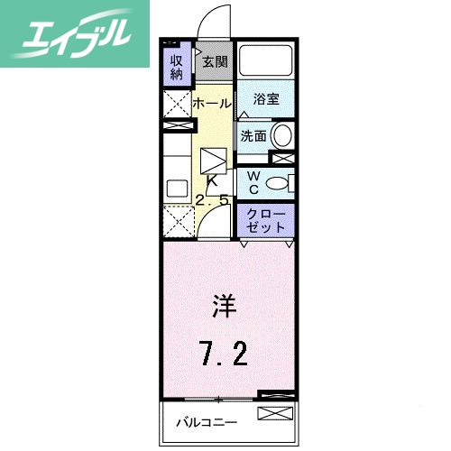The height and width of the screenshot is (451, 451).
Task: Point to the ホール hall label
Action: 213,104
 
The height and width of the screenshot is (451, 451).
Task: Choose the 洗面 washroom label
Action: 253,136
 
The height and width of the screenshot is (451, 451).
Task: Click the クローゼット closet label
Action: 266,219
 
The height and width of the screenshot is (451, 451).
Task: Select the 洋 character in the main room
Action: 225,308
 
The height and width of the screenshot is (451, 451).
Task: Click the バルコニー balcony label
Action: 207,421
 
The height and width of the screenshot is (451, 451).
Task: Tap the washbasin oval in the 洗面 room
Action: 282,137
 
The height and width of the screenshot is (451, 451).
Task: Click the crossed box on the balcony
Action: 275,414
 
